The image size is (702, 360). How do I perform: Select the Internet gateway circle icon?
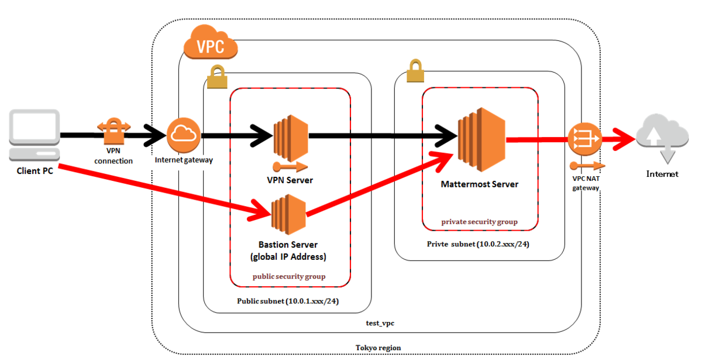[x=184, y=135]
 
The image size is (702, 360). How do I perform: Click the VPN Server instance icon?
[x=291, y=136]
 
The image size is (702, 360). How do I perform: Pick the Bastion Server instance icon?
[x=288, y=214]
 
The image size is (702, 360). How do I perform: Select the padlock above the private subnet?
[x=414, y=71]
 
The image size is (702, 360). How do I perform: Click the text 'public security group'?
[x=289, y=276]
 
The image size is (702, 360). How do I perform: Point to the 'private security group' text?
[x=480, y=222]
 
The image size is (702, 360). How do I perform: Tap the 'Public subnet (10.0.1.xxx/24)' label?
[x=288, y=303]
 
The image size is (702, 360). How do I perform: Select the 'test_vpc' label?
[x=379, y=323]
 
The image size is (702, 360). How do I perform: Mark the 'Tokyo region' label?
[x=378, y=347]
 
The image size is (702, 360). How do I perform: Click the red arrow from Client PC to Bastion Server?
[x=158, y=188]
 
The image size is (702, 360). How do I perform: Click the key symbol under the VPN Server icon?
[x=288, y=165]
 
